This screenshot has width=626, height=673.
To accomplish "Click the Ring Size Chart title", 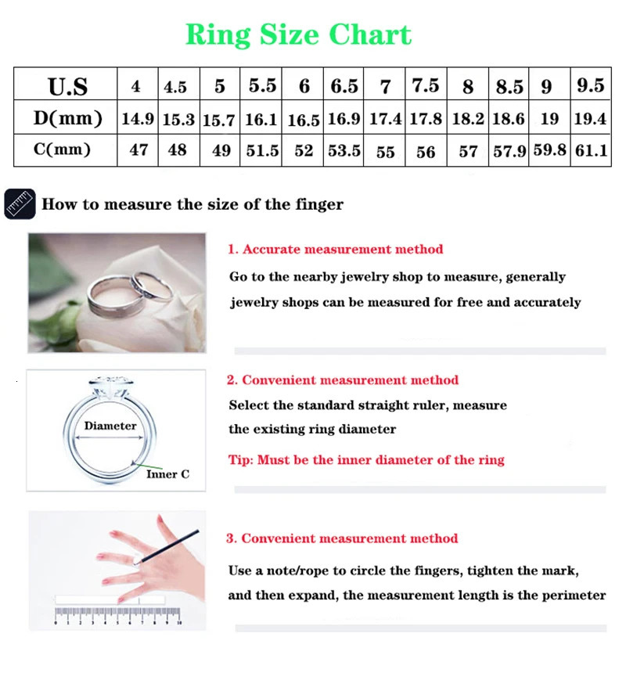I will pyautogui.click(x=298, y=35).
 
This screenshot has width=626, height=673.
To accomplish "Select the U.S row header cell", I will pyautogui.click(x=67, y=85).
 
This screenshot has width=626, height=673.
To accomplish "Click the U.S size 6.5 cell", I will pyautogui.click(x=344, y=85).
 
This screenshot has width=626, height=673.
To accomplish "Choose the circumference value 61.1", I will pyautogui.click(x=591, y=150).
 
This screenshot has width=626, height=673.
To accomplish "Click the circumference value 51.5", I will pyautogui.click(x=262, y=150).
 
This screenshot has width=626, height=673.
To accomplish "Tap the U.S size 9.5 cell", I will pyautogui.click(x=590, y=85).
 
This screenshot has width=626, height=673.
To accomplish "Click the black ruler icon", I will pyautogui.click(x=20, y=204).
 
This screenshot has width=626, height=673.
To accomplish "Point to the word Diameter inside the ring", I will pyautogui.click(x=110, y=426).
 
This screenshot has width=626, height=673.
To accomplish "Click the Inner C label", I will pyautogui.click(x=167, y=474).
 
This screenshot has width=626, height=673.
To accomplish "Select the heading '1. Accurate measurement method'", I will pyautogui.click(x=335, y=250).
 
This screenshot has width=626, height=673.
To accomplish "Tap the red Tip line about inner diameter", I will pyautogui.click(x=366, y=460).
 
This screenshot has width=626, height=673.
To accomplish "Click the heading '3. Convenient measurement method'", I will pyautogui.click(x=342, y=538).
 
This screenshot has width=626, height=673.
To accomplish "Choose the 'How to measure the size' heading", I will pyautogui.click(x=192, y=205).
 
